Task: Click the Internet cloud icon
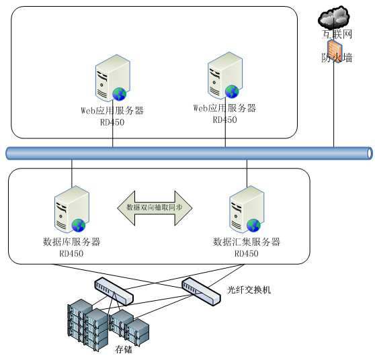point(334,17)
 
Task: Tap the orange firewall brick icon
point(335,52)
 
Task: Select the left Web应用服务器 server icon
point(113,78)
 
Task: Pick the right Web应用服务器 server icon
point(225,75)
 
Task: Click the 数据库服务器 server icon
point(72,209)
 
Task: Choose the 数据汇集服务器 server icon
point(247,209)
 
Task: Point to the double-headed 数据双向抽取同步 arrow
point(155,208)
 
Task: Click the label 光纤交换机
point(249,290)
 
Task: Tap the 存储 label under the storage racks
point(124,349)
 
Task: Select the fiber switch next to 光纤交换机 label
point(201,291)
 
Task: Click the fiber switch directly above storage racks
point(114,291)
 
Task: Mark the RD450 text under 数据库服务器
point(71,253)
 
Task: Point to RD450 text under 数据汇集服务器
point(247,253)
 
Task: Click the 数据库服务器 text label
point(71,242)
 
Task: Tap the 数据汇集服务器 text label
point(247,242)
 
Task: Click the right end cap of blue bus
point(370,153)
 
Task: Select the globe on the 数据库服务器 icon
point(79,225)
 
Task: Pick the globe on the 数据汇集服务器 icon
point(253,225)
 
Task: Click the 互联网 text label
point(337,34)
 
